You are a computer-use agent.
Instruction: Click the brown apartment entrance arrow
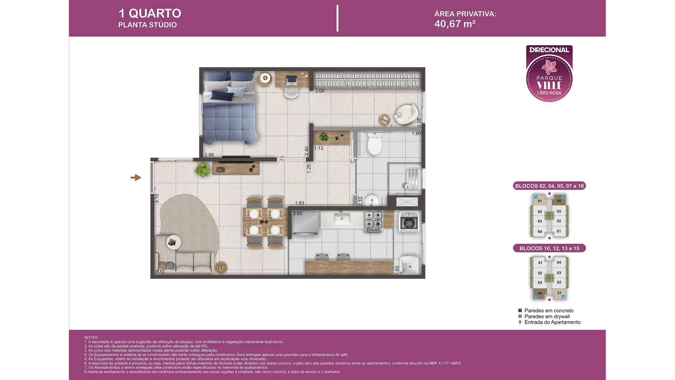click(x=136, y=178)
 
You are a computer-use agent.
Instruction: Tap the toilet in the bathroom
click(x=374, y=144)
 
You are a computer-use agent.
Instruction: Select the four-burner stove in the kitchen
click(x=373, y=221)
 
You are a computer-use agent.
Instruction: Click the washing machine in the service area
click(x=409, y=222)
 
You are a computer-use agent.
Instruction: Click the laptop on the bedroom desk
click(x=291, y=80)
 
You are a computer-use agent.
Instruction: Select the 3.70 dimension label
click(x=160, y=272)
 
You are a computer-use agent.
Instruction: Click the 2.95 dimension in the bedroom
click(x=209, y=155)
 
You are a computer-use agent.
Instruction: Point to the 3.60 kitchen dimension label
click(x=297, y=213)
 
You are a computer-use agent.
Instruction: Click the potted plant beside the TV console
click(x=202, y=170)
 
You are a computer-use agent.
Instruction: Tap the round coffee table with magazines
click(x=173, y=242)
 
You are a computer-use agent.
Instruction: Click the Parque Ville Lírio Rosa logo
click(x=549, y=74)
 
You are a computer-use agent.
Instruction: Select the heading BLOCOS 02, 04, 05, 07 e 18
click(x=549, y=186)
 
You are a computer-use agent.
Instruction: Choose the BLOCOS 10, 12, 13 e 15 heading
click(x=549, y=248)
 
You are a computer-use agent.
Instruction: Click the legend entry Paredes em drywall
click(x=547, y=316)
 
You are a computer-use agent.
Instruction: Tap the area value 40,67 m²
click(x=455, y=24)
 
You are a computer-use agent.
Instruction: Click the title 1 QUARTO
click(x=150, y=13)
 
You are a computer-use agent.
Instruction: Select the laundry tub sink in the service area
click(x=410, y=265)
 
